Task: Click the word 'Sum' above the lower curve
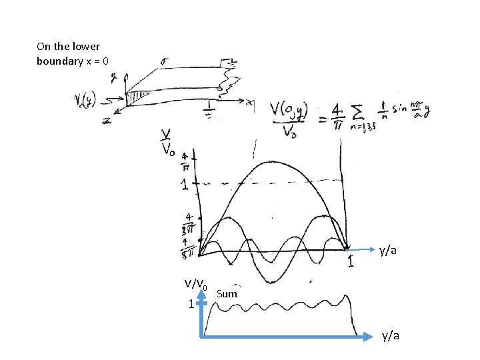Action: [227, 293]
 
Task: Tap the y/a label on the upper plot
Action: [389, 251]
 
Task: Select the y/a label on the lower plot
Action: [391, 335]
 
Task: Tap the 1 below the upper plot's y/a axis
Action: [349, 263]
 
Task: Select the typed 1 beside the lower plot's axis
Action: [191, 304]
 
